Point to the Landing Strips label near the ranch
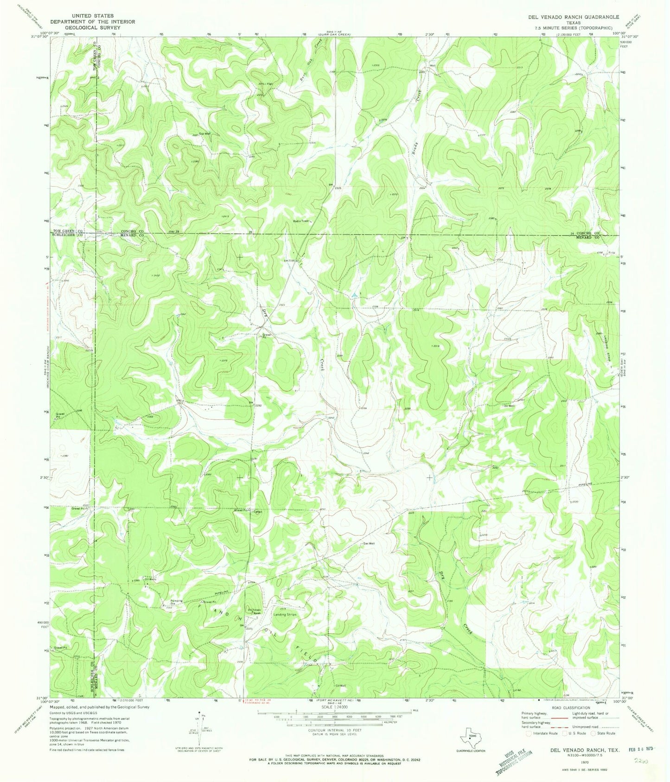point(285,614)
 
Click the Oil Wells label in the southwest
point(150,579)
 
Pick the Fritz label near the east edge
point(611,253)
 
